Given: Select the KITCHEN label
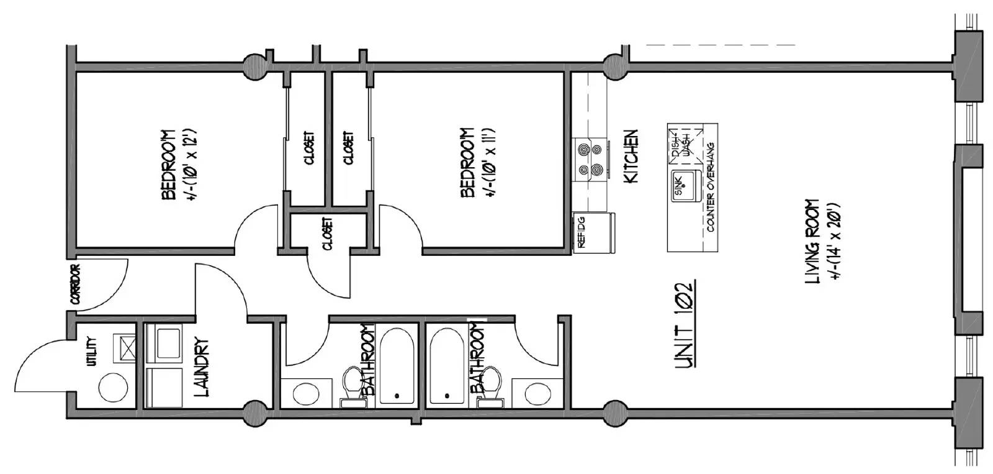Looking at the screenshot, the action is pos(631,156).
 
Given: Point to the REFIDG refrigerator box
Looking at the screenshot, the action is pos(594,232).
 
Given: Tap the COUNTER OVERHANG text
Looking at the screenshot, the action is pos(711,187).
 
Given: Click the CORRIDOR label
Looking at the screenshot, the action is pos(75,285).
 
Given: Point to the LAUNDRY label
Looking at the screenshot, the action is pos(201,368).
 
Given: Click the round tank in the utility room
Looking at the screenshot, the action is pos(113,388).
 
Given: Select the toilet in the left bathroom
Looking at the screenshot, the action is pos(353,386).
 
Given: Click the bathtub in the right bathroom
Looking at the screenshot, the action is pos(447,366).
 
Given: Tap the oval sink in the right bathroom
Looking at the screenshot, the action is pos(538,394).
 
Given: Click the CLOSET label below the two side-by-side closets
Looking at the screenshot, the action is pos(328,234).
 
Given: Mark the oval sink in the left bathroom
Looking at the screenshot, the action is pos(307,394).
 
